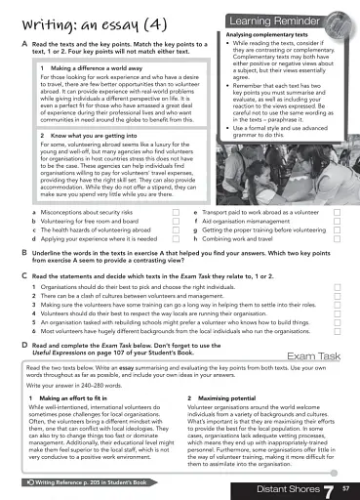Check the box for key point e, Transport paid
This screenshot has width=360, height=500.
tap(338, 211)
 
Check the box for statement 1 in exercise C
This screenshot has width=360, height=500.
tap(338, 289)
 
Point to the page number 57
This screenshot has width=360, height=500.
tap(346, 485)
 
